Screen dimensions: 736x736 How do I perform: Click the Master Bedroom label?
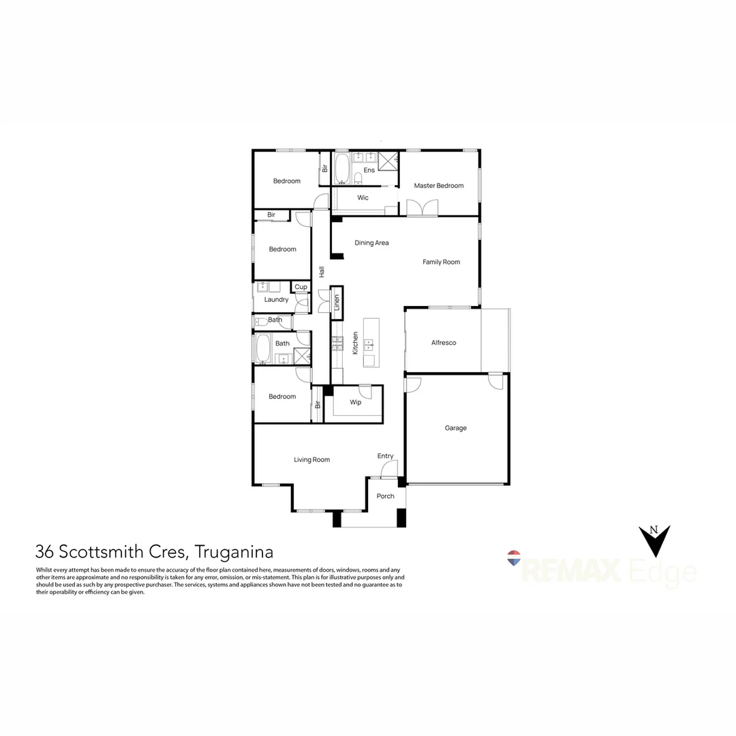(x=438, y=185)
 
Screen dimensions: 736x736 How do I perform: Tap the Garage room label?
(x=456, y=428)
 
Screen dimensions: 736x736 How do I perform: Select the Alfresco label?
(x=444, y=342)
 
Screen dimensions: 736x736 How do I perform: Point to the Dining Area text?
(x=371, y=243)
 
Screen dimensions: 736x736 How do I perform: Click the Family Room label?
(x=441, y=262)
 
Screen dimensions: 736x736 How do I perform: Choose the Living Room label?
(x=311, y=459)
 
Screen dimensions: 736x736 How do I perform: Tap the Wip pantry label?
(x=355, y=402)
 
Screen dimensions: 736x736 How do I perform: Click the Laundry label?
(x=276, y=299)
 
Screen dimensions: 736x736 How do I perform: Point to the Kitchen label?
(x=355, y=343)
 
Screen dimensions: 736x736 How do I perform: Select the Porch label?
(x=385, y=495)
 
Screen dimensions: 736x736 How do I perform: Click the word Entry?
(x=385, y=456)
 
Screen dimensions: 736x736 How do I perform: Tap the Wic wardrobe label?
(x=363, y=198)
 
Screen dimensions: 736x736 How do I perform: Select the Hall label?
(x=321, y=271)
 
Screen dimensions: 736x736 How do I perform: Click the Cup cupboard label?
(x=301, y=287)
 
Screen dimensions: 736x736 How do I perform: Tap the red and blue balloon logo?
(x=515, y=558)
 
